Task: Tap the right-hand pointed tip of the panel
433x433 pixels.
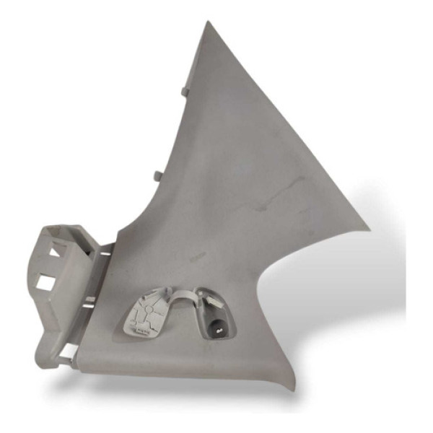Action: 369,229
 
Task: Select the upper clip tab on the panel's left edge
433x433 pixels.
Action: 183,91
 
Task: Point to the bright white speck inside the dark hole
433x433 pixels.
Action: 214,325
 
